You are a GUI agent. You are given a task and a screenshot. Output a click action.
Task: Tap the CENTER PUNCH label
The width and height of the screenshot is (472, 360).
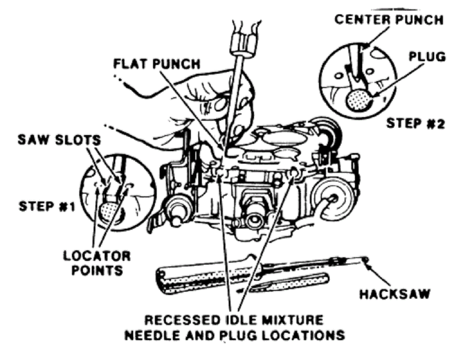pyautogui.click(x=389, y=19)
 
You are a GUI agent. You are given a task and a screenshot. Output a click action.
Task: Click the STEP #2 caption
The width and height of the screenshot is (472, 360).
pyautogui.click(x=415, y=123)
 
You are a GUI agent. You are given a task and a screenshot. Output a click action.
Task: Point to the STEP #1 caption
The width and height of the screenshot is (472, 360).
pyautogui.click(x=47, y=206)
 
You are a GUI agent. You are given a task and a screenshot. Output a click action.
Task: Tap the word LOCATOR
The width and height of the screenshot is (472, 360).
pyautogui.click(x=97, y=256)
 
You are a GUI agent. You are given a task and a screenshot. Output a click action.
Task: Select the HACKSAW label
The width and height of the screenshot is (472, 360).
pyautogui.click(x=395, y=294)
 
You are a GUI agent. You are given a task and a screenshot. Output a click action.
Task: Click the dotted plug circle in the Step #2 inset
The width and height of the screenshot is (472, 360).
pyautogui.click(x=358, y=100)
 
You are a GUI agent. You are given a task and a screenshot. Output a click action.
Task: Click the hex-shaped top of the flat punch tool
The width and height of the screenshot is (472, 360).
pyautogui.click(x=241, y=40)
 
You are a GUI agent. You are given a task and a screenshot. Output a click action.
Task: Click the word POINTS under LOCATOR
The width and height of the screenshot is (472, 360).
pyautogui.click(x=97, y=270)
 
